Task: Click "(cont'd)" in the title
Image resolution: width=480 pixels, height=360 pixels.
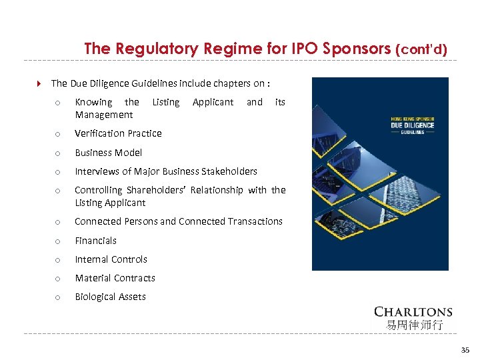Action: pyautogui.click(x=421, y=49)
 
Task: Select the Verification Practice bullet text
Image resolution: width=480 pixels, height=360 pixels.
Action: pyautogui.click(x=118, y=133)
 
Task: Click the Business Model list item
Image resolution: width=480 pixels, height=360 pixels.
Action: pyautogui.click(x=108, y=153)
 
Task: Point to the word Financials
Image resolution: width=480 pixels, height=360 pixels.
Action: pyautogui.click(x=95, y=241)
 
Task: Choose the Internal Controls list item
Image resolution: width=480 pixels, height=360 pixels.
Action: pyautogui.click(x=111, y=259)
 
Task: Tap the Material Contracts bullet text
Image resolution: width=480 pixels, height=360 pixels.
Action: pyautogui.click(x=115, y=278)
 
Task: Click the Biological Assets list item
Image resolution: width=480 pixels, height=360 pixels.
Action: pyautogui.click(x=110, y=297)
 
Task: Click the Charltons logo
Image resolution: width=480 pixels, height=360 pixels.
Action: pyautogui.click(x=413, y=311)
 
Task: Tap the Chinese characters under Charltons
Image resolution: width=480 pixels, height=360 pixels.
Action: pyautogui.click(x=413, y=325)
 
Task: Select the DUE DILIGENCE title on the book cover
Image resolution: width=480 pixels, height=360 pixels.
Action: pyautogui.click(x=412, y=125)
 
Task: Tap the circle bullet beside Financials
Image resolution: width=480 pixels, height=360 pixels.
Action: pyautogui.click(x=58, y=241)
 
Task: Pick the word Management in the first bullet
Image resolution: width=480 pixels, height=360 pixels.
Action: pyautogui.click(x=104, y=115)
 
